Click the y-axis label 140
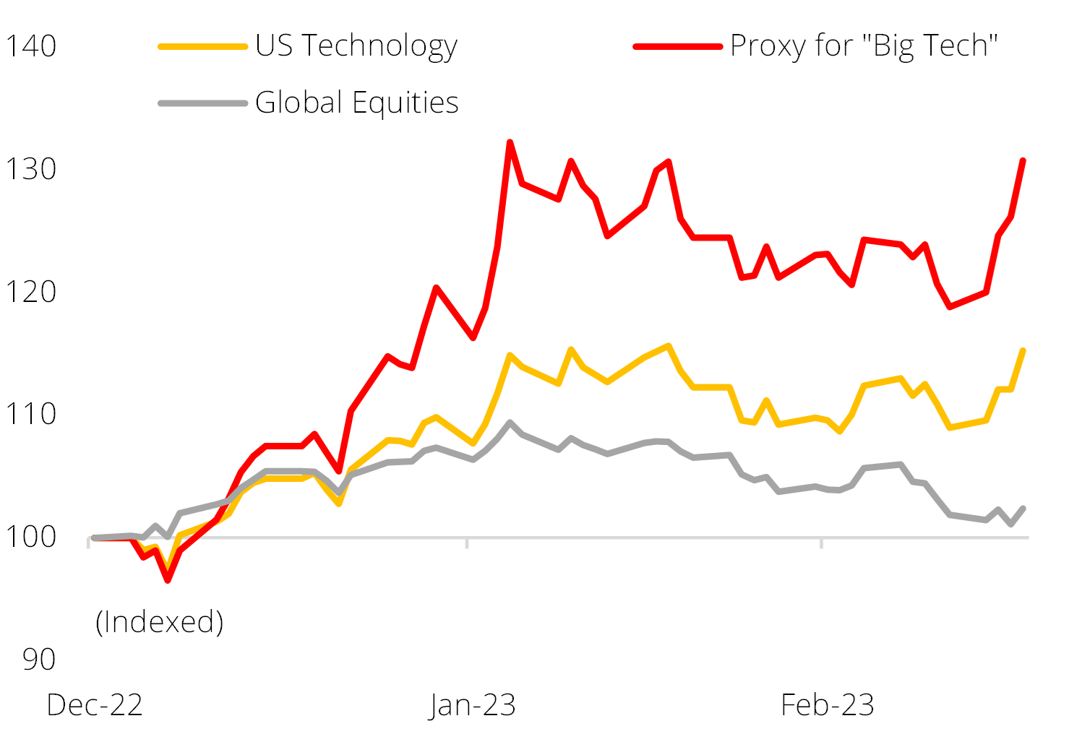point(30,46)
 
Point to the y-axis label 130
point(30,169)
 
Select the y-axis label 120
point(30,292)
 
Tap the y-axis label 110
point(30,414)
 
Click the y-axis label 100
point(30,537)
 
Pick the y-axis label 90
point(38,659)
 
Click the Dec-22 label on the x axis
point(95,705)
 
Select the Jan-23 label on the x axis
point(473,705)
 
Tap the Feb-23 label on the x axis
point(828,705)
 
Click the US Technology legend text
point(356,46)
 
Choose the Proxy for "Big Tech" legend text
point(864,46)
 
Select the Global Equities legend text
point(357,103)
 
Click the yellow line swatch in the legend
point(203,46)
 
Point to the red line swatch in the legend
point(677,46)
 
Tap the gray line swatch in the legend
point(203,103)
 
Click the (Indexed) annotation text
point(160,621)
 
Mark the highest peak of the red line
point(510,142)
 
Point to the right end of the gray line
point(1023,508)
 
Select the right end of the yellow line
point(1023,350)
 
